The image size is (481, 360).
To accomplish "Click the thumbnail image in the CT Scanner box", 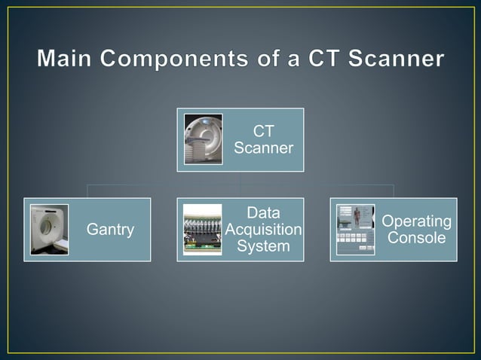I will tap(204, 139).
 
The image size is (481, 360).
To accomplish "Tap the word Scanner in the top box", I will tap(263, 148).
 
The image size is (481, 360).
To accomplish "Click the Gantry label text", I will tap(111, 230).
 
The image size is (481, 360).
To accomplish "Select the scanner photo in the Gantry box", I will tap(50, 230).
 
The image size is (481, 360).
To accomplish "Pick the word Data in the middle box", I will tap(263, 214).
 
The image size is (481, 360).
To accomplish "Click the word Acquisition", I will tap(263, 230).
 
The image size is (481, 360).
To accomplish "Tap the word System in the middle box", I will tap(263, 246).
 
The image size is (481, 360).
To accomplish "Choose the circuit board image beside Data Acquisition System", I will tap(203, 230).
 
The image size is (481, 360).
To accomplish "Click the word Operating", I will tap(417, 221).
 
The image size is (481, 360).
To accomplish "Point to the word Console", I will tap(417, 238).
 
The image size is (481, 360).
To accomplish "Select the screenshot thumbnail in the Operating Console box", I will tap(355, 230).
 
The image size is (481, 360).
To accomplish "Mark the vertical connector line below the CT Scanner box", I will tap(240, 178).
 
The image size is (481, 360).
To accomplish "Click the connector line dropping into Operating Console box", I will tap(394, 191).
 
